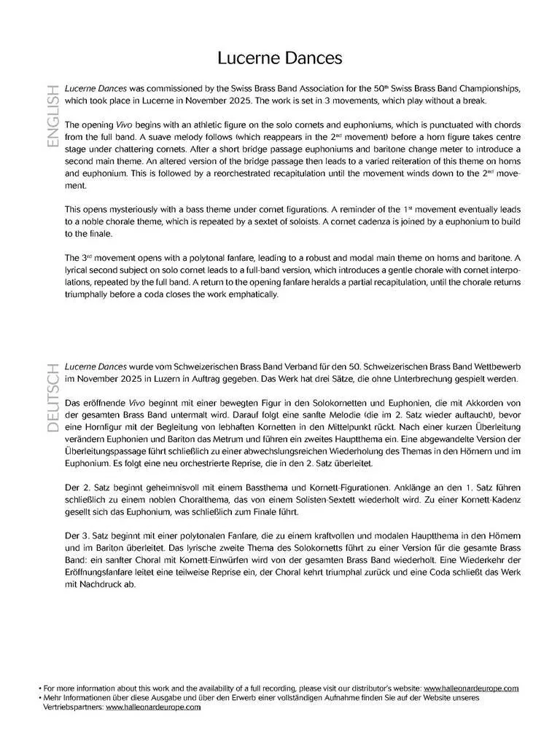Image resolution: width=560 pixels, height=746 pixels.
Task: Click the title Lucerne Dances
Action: pos(280,58)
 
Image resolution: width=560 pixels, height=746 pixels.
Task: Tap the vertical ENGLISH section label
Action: pos(52,117)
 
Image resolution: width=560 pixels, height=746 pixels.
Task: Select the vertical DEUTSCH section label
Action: pos(52,398)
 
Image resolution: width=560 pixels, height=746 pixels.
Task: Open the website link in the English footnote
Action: pos(471,688)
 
